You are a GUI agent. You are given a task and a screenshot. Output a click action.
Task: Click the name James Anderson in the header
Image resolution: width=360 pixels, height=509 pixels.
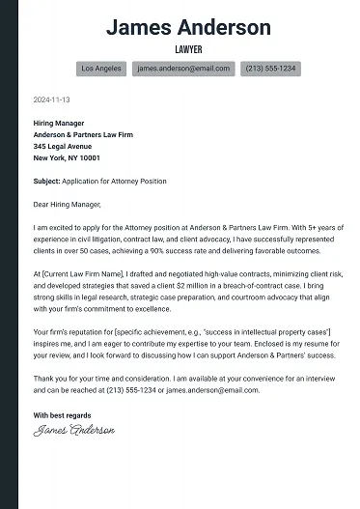coord(188,26)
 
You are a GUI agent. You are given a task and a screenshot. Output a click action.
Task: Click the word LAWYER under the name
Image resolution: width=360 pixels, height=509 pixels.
coord(188,48)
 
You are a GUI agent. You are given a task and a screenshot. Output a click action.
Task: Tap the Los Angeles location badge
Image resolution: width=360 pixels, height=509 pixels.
coord(101,70)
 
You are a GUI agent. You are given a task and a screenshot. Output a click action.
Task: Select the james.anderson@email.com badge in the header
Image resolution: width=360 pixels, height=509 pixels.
coord(184,70)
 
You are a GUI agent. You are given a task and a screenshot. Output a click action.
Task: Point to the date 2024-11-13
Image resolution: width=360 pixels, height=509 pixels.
coord(51,99)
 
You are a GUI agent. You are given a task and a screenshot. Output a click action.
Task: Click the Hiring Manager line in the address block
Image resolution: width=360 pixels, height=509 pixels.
coord(59,124)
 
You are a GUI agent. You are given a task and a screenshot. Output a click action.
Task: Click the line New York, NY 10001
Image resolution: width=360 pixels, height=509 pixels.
coord(68,158)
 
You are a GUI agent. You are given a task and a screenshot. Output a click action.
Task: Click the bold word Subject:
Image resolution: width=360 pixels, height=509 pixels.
coord(48,182)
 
